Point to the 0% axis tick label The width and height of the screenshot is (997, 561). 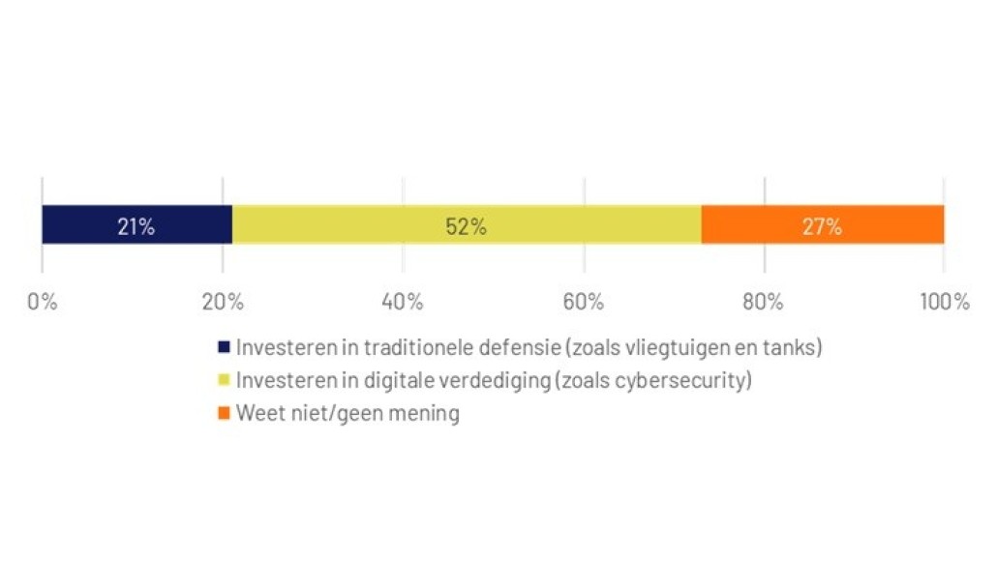[42, 302]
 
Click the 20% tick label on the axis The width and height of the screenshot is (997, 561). [222, 302]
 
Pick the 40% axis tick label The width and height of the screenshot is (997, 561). [403, 302]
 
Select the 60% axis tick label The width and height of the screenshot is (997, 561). [583, 302]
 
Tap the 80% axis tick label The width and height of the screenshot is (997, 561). [763, 302]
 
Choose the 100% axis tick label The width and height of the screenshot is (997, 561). [944, 302]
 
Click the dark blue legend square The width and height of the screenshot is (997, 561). [225, 346]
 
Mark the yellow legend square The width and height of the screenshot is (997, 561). [225, 380]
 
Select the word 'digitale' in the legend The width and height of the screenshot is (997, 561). [404, 380]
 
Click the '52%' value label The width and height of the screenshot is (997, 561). [466, 227]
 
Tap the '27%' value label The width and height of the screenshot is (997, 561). [821, 227]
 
